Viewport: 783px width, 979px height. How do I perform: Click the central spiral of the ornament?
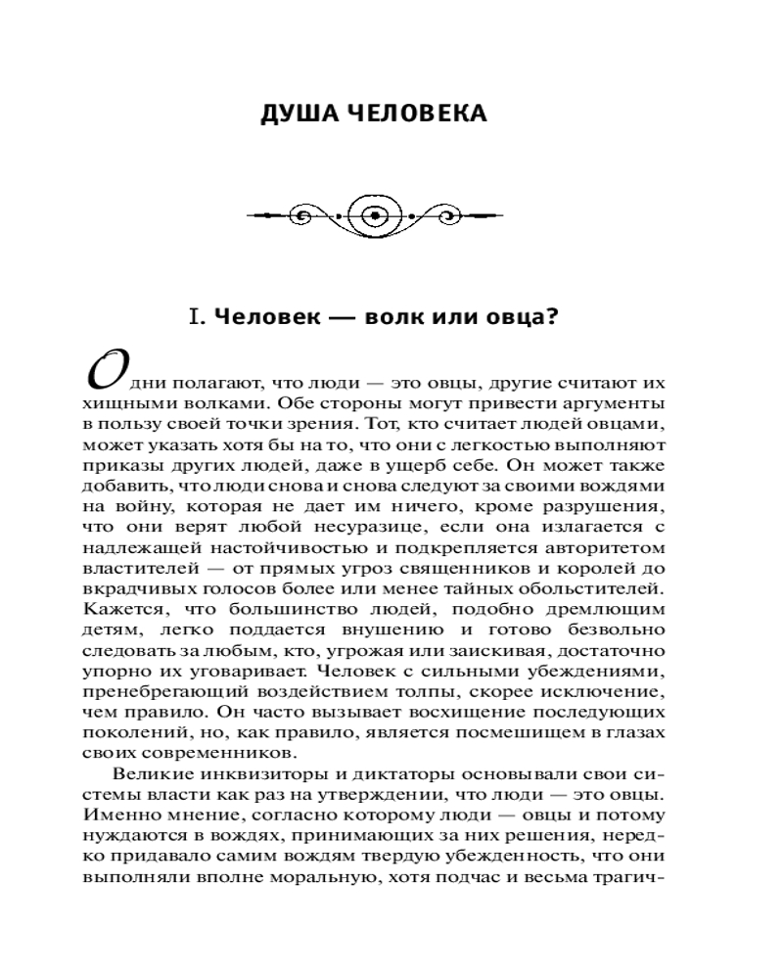[x=375, y=213]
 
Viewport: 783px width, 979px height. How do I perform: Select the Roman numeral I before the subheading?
[x=197, y=317]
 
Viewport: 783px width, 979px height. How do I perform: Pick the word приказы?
[x=115, y=465]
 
